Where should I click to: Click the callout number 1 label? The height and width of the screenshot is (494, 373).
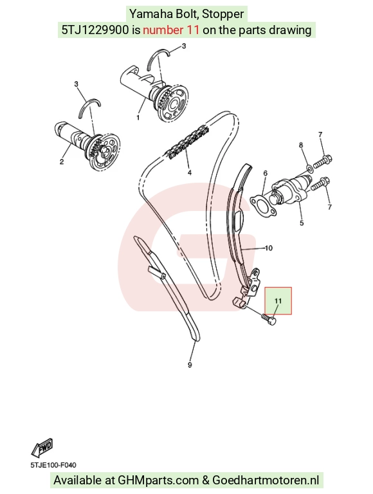pyautogui.click(x=138, y=118)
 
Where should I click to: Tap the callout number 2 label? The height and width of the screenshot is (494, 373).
pyautogui.click(x=62, y=162)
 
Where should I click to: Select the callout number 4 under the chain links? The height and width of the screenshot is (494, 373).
pyautogui.click(x=190, y=172)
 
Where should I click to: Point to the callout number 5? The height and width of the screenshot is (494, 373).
pyautogui.click(x=302, y=223)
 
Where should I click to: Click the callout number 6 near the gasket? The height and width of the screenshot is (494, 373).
pyautogui.click(x=265, y=173)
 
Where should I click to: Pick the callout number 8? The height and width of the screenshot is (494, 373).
pyautogui.click(x=301, y=145)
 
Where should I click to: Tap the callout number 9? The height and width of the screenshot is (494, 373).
pyautogui.click(x=190, y=365)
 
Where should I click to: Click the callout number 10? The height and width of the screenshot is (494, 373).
pyautogui.click(x=269, y=248)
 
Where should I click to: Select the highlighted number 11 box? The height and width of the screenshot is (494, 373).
pyautogui.click(x=278, y=301)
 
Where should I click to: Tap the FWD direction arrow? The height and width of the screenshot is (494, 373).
pyautogui.click(x=42, y=448)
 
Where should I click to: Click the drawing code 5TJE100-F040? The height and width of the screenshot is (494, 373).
pyautogui.click(x=53, y=465)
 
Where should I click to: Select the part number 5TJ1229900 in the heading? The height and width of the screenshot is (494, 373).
pyautogui.click(x=95, y=30)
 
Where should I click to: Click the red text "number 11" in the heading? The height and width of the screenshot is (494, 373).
pyautogui.click(x=171, y=30)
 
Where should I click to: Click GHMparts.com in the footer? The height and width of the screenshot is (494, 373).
pyautogui.click(x=158, y=480)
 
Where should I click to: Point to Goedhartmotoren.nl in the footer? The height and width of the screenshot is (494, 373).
pyautogui.click(x=266, y=480)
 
